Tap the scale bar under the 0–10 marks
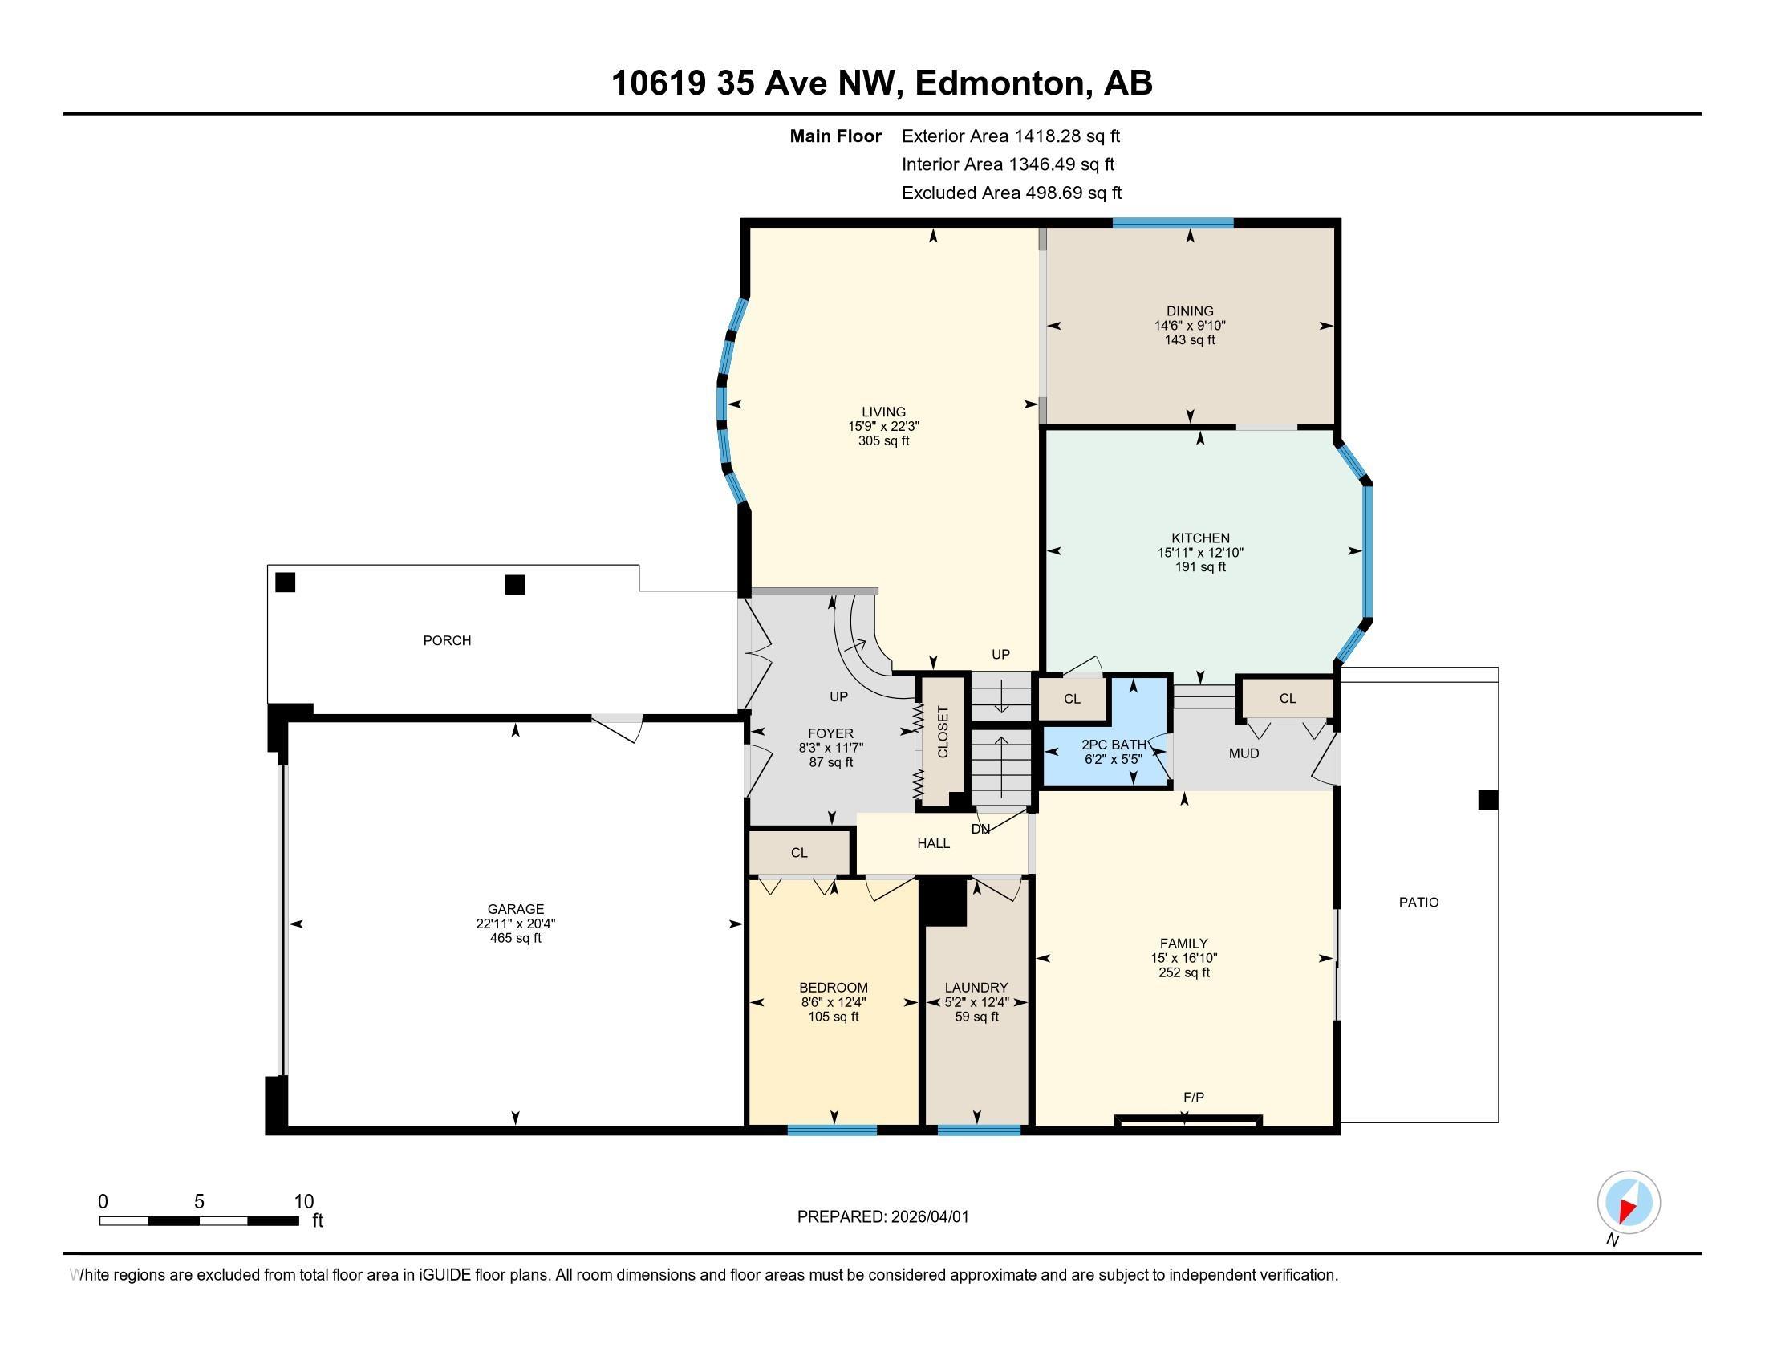[x=199, y=1220]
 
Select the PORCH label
[x=447, y=641]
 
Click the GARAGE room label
[x=516, y=909]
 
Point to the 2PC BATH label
[x=1114, y=745]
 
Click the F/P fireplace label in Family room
[x=1194, y=1097]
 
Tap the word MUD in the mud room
[x=1244, y=753]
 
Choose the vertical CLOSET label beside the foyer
[x=943, y=732]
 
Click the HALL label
[x=933, y=843]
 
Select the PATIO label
[x=1419, y=903]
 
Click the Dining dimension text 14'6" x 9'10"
[x=1190, y=326]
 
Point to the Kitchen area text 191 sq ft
[x=1200, y=567]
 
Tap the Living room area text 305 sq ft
[x=883, y=441]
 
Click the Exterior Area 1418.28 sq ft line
[x=1011, y=136]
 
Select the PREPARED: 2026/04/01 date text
[x=882, y=1217]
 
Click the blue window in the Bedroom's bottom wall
[x=832, y=1131]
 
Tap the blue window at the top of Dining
[x=1173, y=223]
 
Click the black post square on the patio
[x=1487, y=800]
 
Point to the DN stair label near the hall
[x=980, y=829]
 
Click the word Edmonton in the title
[x=1000, y=83]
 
